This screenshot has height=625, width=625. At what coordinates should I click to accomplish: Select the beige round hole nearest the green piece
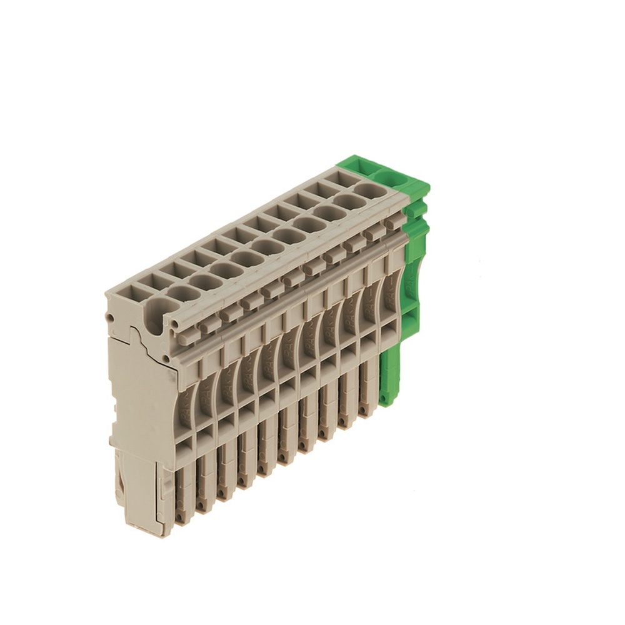371,189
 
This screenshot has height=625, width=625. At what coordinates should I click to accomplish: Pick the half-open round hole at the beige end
161,310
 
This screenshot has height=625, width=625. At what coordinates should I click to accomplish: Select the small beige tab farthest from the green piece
209,322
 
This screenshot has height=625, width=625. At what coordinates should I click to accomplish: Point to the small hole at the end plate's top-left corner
110,317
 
